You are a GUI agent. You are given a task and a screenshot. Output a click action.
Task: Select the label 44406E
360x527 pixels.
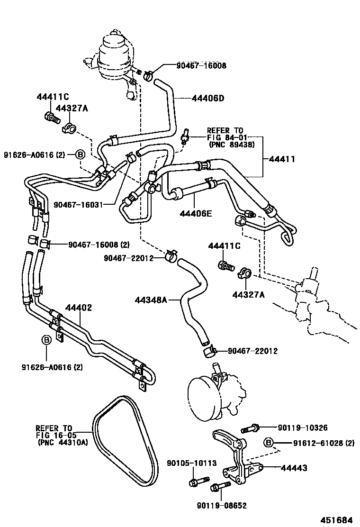[x=195, y=214]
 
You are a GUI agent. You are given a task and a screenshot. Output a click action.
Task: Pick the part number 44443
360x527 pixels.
[x=294, y=468]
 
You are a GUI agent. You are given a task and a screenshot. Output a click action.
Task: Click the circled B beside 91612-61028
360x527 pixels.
[x=269, y=443]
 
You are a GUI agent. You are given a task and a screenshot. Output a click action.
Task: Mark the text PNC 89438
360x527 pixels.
[x=231, y=145]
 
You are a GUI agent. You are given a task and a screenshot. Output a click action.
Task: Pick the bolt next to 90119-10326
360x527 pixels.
[x=249, y=428]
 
